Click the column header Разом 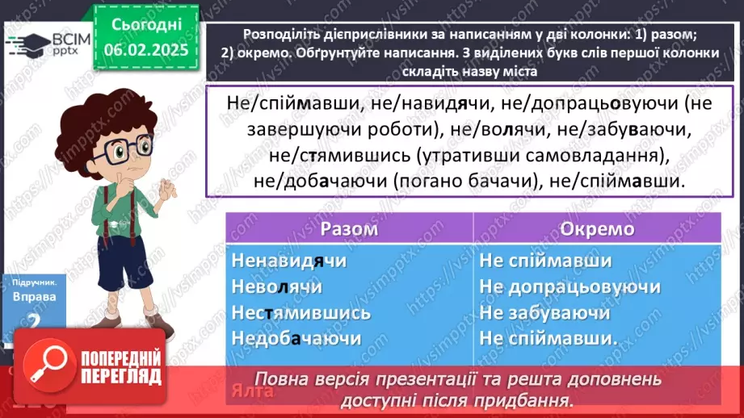[349, 229]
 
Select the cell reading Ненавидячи [288, 261]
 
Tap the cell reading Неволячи [276, 287]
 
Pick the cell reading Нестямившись [301, 312]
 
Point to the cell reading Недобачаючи [296, 338]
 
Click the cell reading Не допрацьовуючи [570, 287]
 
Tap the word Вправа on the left [34, 296]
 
